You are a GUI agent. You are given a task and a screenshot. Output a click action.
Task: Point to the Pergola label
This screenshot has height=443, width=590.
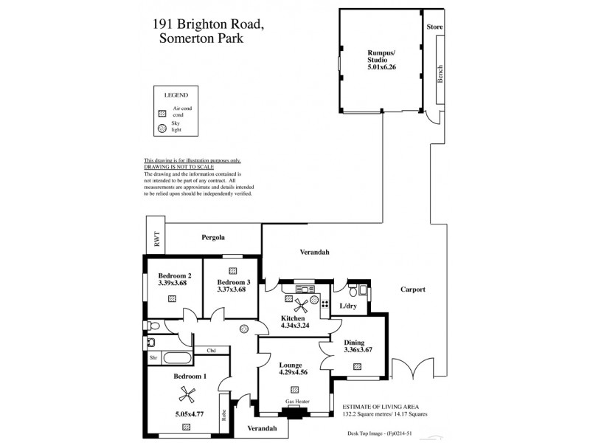[214, 238]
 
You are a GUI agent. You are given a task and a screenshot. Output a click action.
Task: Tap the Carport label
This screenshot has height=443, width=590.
[414, 289]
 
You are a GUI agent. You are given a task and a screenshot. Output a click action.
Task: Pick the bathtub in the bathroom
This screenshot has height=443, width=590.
[177, 359]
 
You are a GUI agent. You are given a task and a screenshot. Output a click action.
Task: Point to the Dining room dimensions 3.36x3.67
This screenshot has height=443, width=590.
[358, 349]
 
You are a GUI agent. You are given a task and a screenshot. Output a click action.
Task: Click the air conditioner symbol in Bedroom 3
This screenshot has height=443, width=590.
[232, 269]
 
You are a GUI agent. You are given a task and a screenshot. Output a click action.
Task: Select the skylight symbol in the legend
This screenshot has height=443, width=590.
[162, 128]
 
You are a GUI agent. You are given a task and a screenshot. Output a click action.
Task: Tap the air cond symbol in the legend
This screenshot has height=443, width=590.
[162, 114]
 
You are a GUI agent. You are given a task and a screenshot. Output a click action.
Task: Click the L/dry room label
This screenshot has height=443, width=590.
[347, 306]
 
